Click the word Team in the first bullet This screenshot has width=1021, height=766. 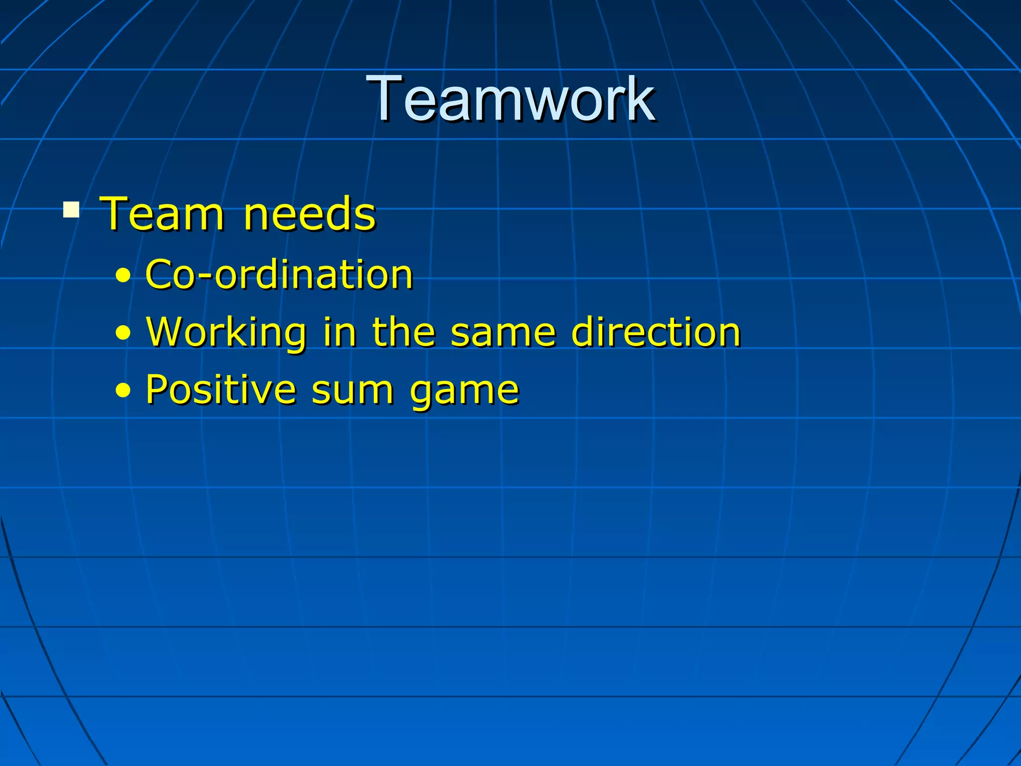tap(162, 214)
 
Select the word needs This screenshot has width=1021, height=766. tap(309, 214)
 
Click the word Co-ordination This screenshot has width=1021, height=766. tap(279, 275)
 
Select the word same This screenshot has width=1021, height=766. tap(503, 333)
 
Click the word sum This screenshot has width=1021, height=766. tap(352, 390)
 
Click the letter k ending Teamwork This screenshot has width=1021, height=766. tap(642, 98)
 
